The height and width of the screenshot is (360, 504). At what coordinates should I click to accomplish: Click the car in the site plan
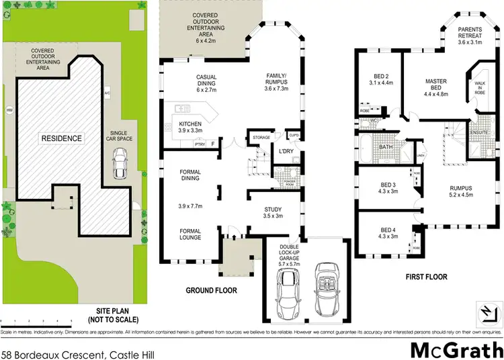click(x=120, y=161)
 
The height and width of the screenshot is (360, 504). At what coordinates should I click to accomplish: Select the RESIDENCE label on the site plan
click(x=61, y=139)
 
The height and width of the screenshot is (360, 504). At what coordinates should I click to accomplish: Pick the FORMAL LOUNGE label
click(x=190, y=234)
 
